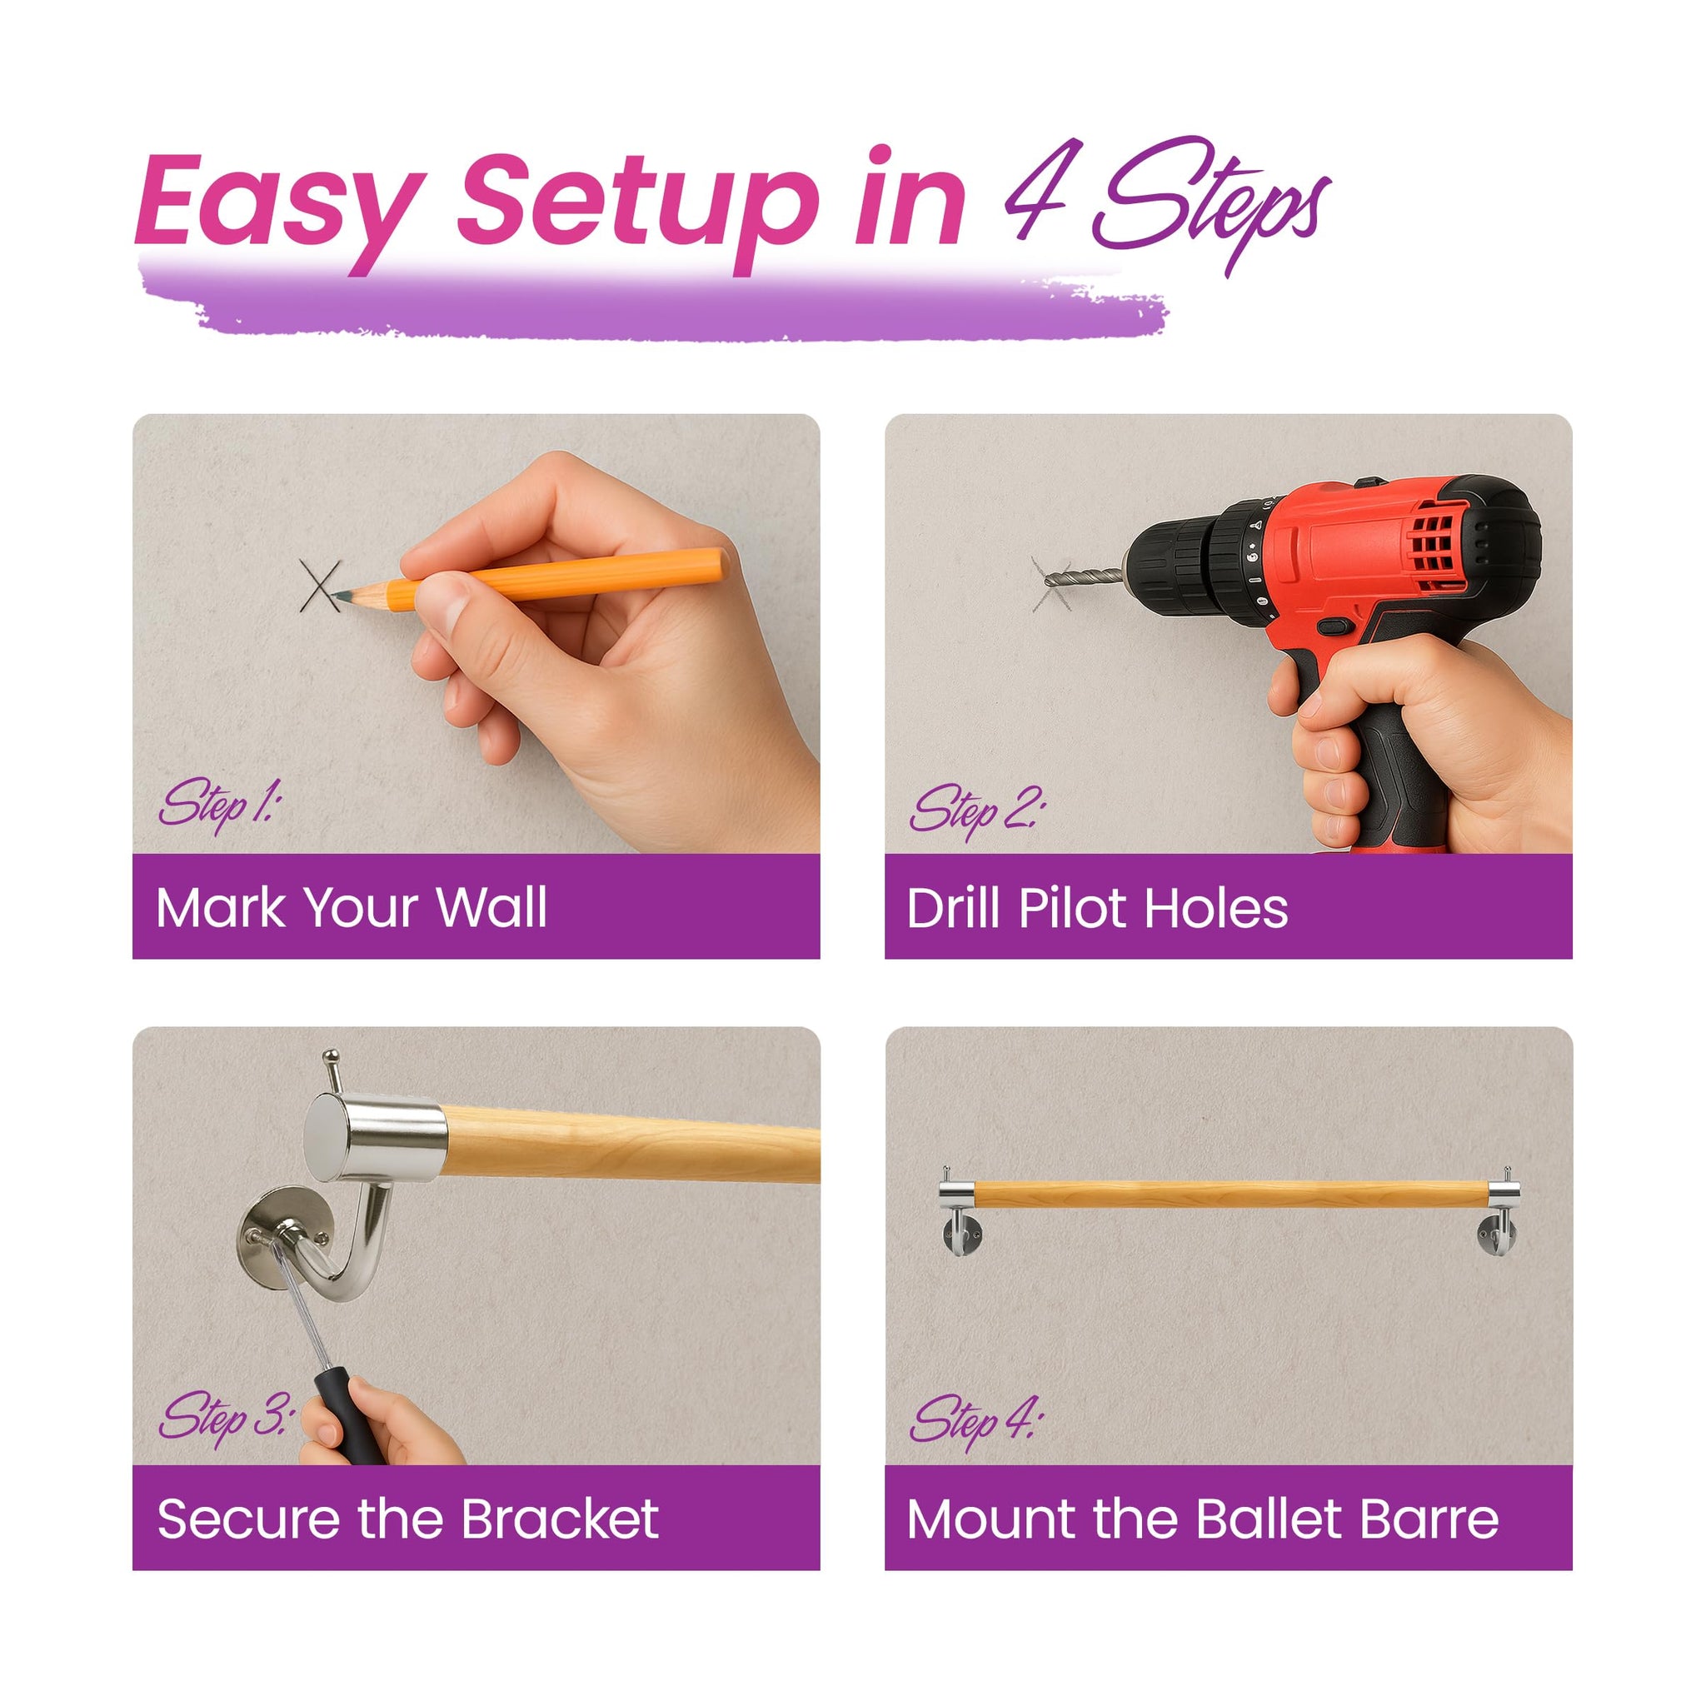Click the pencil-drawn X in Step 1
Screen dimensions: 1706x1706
(x=320, y=585)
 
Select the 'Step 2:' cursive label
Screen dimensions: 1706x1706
(x=976, y=810)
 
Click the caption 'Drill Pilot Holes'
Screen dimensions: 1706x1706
(x=1098, y=908)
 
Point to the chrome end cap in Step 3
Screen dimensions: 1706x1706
(x=376, y=1138)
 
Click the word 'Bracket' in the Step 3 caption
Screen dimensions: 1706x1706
(x=558, y=1519)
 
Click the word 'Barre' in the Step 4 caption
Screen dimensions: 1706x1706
(x=1430, y=1519)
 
